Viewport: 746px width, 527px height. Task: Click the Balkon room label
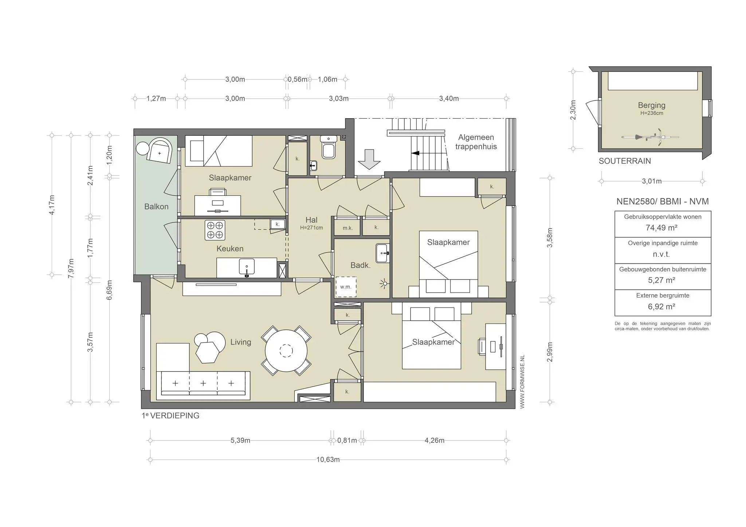point(156,207)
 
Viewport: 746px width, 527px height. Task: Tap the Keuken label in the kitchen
point(230,249)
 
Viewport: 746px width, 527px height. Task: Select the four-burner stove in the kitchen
point(215,230)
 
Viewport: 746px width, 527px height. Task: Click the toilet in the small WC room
point(329,147)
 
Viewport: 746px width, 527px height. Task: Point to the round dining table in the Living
point(286,351)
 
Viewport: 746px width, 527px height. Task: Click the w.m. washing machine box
point(346,287)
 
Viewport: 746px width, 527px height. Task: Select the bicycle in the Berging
point(650,137)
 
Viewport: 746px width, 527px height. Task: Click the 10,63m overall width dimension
point(328,460)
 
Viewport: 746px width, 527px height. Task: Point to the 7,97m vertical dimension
point(71,268)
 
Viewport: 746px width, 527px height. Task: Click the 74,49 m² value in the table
point(661,228)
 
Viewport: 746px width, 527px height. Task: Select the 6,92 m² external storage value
point(661,306)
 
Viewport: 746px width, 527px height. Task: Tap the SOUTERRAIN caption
point(625,161)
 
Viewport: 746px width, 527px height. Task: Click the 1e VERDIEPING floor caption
point(170,416)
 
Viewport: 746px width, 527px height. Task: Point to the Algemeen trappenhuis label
point(476,142)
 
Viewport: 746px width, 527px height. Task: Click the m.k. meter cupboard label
point(348,228)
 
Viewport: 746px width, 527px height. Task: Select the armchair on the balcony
point(160,150)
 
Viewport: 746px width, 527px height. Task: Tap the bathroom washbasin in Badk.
point(383,253)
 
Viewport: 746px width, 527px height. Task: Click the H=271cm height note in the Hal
point(311,228)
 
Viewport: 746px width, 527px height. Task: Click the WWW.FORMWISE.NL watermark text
point(522,382)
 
